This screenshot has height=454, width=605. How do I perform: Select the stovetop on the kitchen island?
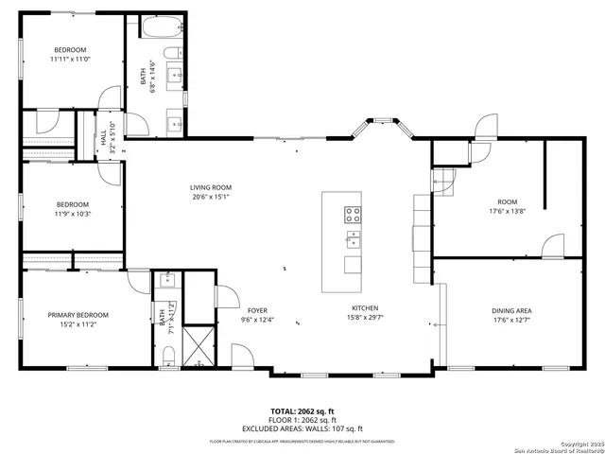[x=353, y=214]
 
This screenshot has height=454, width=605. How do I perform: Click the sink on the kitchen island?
[x=353, y=237]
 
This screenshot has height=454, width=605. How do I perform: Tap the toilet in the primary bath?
[x=167, y=355]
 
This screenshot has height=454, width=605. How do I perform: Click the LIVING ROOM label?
[x=211, y=187]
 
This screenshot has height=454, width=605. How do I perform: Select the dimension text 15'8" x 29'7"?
[x=366, y=319]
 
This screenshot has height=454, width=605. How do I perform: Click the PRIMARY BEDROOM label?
[x=78, y=314]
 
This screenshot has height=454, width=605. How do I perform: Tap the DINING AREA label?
[x=510, y=310]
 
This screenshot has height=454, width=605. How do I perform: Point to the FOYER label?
[x=257, y=310]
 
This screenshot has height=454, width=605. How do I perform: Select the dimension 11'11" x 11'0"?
[x=69, y=59]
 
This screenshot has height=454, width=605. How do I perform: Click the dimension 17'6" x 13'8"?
[x=508, y=211]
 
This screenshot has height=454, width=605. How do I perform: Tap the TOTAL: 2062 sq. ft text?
[x=302, y=411]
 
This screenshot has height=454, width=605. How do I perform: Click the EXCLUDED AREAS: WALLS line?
[x=302, y=428]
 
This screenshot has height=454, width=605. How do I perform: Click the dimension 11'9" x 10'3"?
[x=72, y=214]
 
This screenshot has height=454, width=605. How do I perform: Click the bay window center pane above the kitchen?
[x=382, y=121]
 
